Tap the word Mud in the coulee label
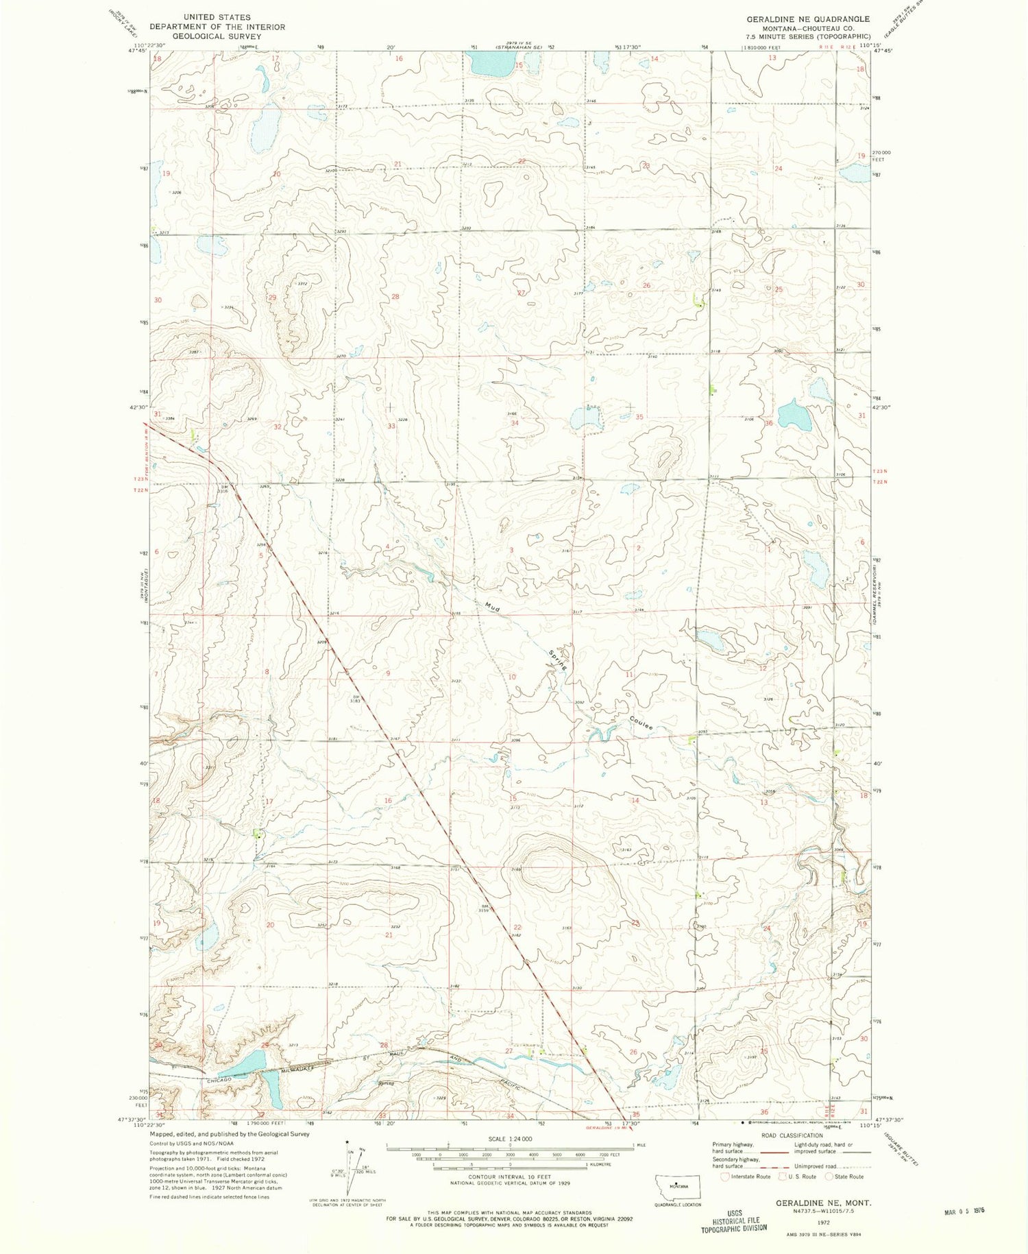[x=491, y=606]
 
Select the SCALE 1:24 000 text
[x=509, y=1139]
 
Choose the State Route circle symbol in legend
[x=829, y=1177]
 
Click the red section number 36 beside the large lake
[x=769, y=424]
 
